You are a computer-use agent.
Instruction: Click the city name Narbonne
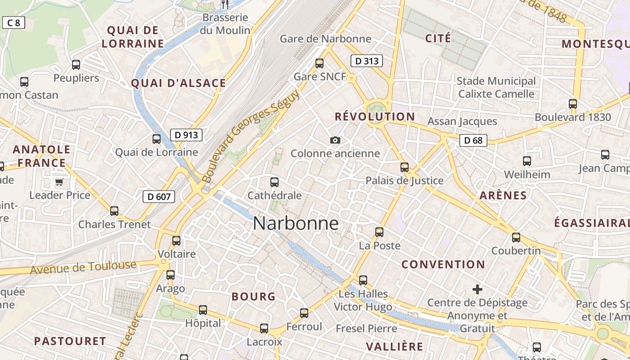pos(296,223)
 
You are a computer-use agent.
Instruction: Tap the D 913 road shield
pos(186,135)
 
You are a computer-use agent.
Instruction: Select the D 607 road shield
pos(159,197)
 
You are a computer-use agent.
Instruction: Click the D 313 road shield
pos(367,61)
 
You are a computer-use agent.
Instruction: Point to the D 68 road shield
pos(473,140)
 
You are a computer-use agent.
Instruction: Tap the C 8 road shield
pos(13,22)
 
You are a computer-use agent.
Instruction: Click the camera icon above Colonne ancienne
pos(335,140)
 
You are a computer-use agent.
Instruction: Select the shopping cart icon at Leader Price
pos(59,182)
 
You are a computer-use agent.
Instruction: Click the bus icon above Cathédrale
pos(274,182)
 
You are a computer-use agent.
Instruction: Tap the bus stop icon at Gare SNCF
pos(319,63)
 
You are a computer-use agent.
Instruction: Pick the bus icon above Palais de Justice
pos(405,167)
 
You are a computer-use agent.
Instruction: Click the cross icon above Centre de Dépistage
pos(477,289)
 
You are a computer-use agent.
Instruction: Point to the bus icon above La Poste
pos(379,232)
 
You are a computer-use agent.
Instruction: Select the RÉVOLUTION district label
pos(375,117)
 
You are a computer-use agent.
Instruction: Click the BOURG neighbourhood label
pos(253,297)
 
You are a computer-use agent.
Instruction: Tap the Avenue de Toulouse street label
pos(83,267)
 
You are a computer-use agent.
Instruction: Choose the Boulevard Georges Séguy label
pos(251,136)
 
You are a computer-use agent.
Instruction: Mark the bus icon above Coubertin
pos(516,238)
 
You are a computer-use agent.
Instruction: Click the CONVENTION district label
pos(443,264)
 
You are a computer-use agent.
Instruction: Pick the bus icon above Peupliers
pos(76,65)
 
